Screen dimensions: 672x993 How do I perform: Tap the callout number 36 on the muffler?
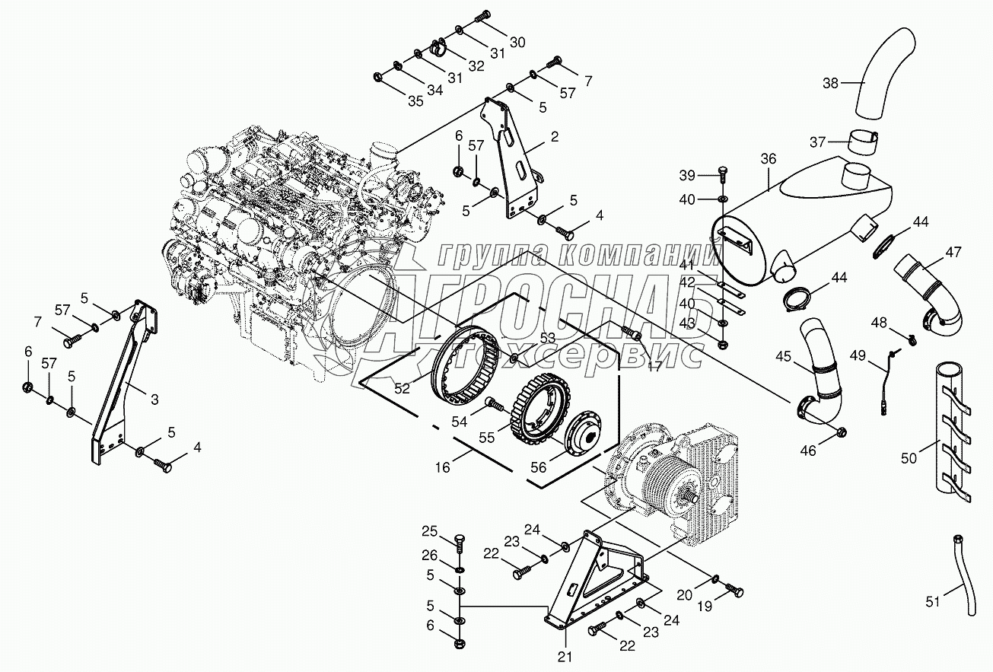(768, 158)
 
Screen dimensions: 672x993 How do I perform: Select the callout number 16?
(443, 466)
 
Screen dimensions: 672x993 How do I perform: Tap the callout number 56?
(539, 467)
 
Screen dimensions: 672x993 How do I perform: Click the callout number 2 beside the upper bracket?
(555, 137)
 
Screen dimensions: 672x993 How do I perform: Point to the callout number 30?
(517, 43)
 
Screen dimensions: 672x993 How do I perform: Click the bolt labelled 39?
(721, 176)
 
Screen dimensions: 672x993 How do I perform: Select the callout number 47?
(953, 252)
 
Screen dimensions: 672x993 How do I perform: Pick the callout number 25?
(430, 530)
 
